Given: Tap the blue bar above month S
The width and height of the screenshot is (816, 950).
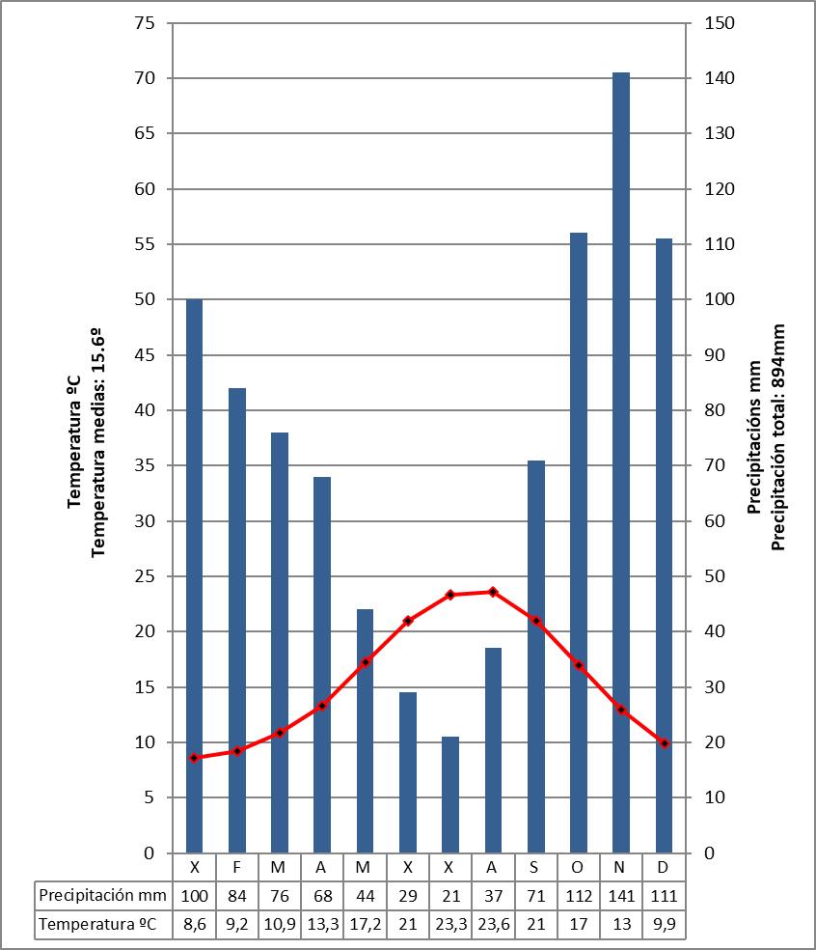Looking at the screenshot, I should tap(536, 657).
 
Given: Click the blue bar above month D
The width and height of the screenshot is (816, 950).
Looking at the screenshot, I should tap(664, 545).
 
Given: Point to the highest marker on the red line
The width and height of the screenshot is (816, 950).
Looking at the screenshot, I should tap(493, 592).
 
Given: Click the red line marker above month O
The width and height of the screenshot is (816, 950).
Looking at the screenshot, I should tap(579, 665).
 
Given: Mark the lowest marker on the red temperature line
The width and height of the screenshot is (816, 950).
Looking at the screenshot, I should tap(195, 758).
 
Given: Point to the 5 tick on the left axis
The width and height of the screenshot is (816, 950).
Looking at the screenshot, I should tap(149, 797).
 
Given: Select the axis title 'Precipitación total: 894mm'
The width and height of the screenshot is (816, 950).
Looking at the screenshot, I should tap(778, 437).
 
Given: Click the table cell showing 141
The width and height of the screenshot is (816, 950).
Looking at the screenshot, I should tap(621, 895).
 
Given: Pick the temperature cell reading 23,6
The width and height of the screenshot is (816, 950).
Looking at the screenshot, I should tap(493, 924).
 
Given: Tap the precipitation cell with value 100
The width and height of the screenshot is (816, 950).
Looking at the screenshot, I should tap(195, 895).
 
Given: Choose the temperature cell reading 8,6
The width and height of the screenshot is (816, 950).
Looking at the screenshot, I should tap(195, 924).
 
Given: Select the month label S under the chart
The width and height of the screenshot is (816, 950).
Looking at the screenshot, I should tap(536, 866).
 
